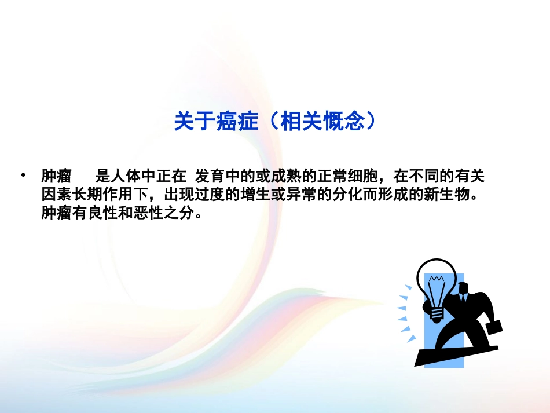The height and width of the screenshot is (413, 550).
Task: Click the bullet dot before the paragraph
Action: pos(23,175)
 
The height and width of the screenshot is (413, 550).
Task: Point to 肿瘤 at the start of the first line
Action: pos(56,175)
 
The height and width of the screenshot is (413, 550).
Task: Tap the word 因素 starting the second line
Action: pos(56,193)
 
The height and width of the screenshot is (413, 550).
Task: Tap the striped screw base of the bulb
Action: pos(437,313)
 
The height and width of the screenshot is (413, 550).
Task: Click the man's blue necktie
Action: pos(463,298)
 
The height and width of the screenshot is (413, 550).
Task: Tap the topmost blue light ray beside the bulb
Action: pos(409,287)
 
